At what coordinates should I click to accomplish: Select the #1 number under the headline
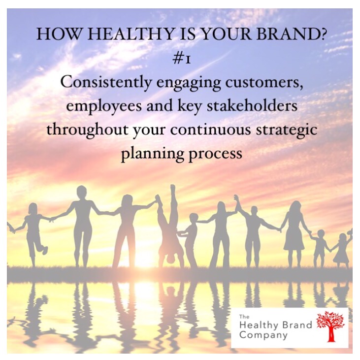[x=182, y=59]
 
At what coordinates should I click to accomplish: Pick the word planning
[x=153, y=154]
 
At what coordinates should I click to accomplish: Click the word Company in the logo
[x=263, y=335]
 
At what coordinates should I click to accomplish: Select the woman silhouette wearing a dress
[x=295, y=232]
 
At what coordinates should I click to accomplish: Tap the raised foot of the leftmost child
[x=45, y=249]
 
